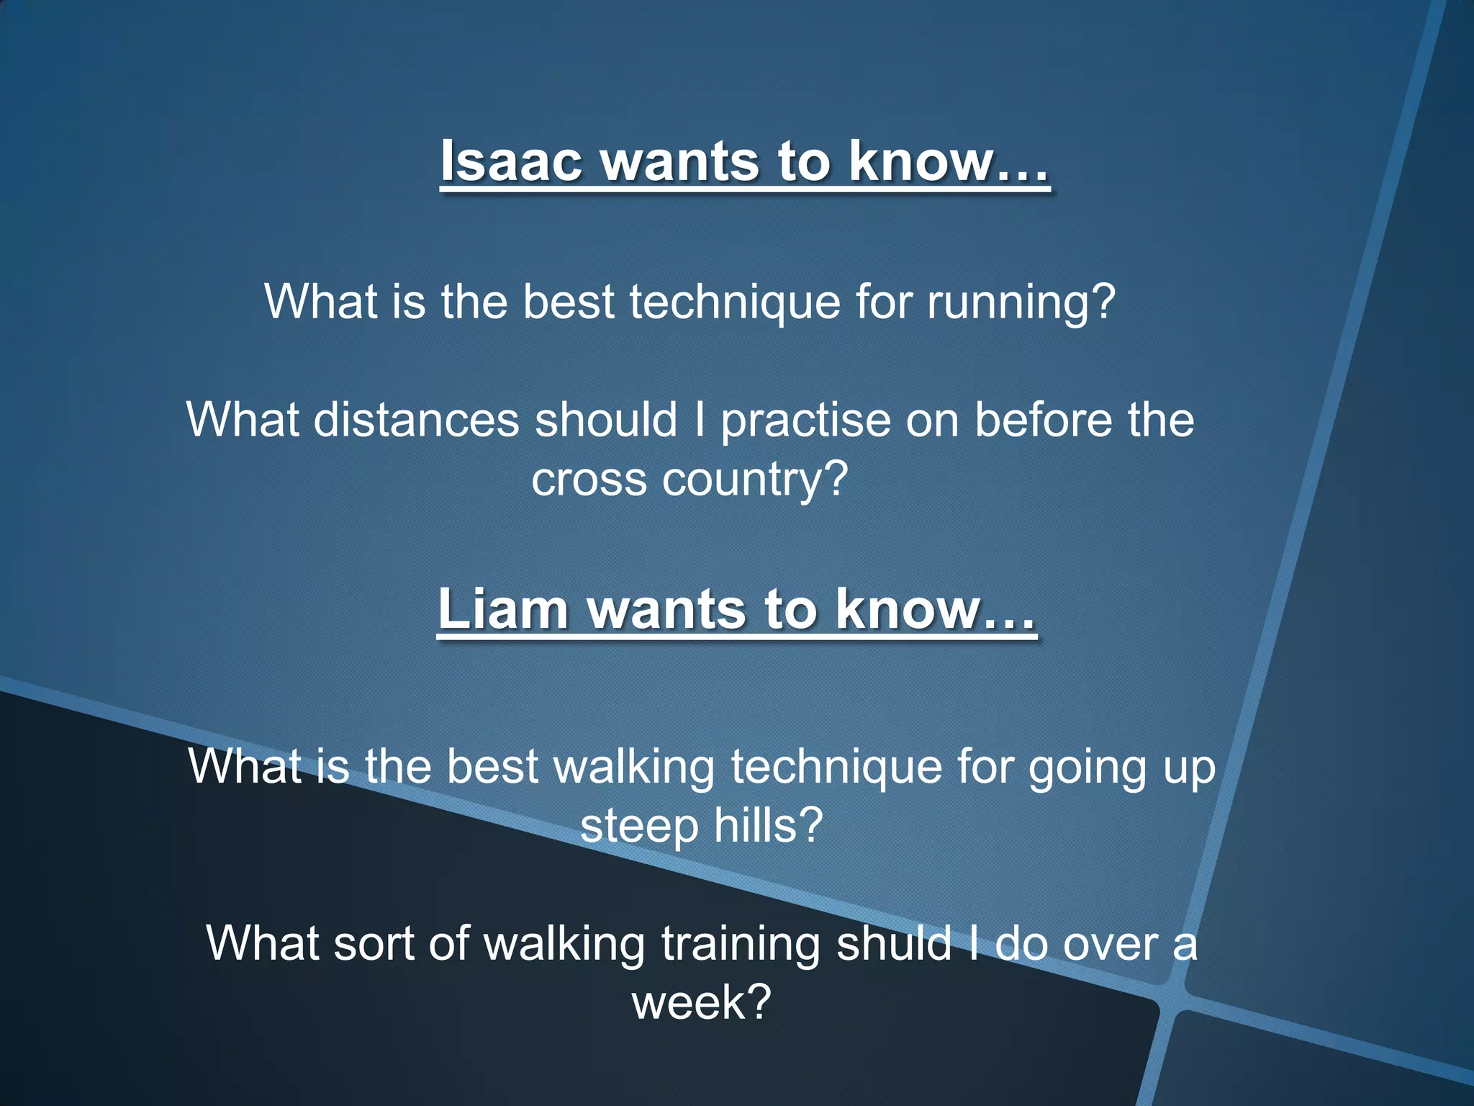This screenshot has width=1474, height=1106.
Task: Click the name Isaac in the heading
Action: (511, 161)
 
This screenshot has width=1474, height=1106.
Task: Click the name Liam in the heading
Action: (502, 609)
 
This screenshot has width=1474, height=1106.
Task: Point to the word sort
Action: (374, 943)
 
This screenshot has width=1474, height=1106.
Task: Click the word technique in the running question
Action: (734, 302)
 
